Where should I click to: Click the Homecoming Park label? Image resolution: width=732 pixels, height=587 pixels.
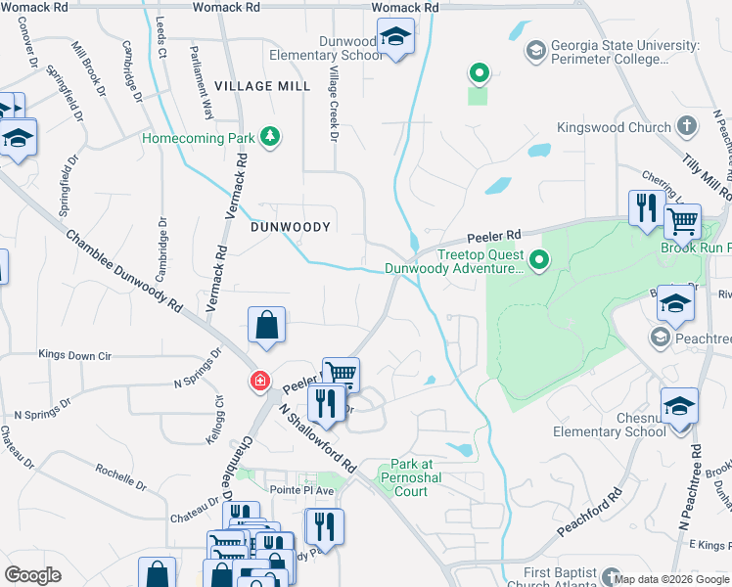[198, 138]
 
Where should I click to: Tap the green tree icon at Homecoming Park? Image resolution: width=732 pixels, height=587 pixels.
[271, 137]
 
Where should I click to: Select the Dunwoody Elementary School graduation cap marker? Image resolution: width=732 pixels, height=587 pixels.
[395, 38]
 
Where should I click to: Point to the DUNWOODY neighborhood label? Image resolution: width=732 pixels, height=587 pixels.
[292, 226]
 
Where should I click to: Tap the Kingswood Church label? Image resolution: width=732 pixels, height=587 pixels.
[614, 127]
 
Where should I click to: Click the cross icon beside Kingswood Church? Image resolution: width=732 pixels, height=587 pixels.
[688, 126]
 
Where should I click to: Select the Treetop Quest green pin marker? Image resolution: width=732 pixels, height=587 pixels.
[538, 259]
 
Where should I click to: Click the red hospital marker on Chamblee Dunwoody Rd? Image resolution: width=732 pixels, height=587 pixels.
[260, 381]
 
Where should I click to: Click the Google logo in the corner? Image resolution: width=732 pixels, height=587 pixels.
[33, 575]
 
